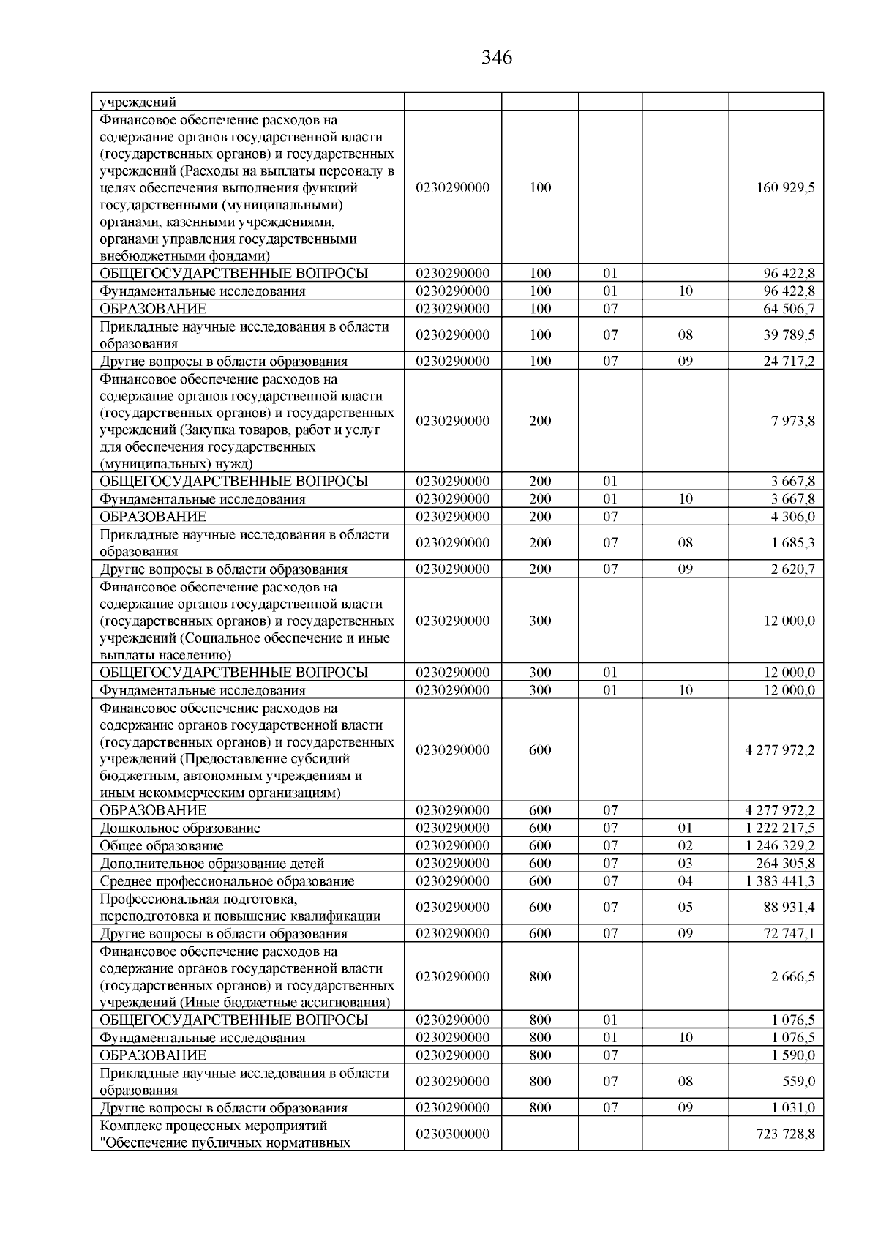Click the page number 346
tap(497, 58)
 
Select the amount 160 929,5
tap(785, 187)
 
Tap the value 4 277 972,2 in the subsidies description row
tap(779, 750)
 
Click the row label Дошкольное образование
tap(180, 828)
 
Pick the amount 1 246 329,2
tap(780, 846)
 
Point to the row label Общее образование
tap(162, 846)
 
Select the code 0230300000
tap(452, 1134)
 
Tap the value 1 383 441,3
tap(780, 881)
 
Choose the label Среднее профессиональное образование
tap(227, 881)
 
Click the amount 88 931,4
tap(789, 908)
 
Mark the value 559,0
tap(799, 1082)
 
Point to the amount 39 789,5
tap(789, 335)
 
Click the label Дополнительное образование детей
tap(212, 864)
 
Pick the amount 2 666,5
tap(792, 977)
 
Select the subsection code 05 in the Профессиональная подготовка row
tap(685, 908)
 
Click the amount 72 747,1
tap(789, 934)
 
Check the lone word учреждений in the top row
tap(138, 102)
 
